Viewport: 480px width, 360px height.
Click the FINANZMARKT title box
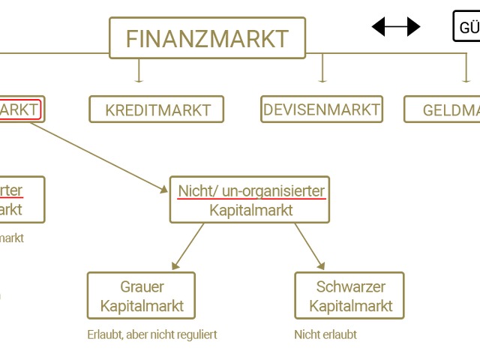click(208, 38)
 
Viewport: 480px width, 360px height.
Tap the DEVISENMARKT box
click(321, 109)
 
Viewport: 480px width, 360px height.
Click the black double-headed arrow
click(396, 28)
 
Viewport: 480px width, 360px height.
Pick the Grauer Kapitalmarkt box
click(141, 296)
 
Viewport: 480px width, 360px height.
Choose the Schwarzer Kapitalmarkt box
click(349, 296)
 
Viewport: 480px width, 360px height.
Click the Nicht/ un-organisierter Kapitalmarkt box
click(250, 200)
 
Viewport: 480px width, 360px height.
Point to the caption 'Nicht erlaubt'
click(325, 334)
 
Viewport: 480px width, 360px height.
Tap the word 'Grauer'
click(142, 286)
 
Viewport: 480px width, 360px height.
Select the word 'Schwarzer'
click(350, 286)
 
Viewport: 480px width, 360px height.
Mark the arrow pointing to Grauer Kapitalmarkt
click(187, 247)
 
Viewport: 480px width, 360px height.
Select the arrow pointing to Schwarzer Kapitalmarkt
click(310, 247)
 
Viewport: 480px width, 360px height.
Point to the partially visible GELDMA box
click(442, 109)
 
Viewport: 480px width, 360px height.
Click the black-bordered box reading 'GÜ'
click(466, 27)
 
